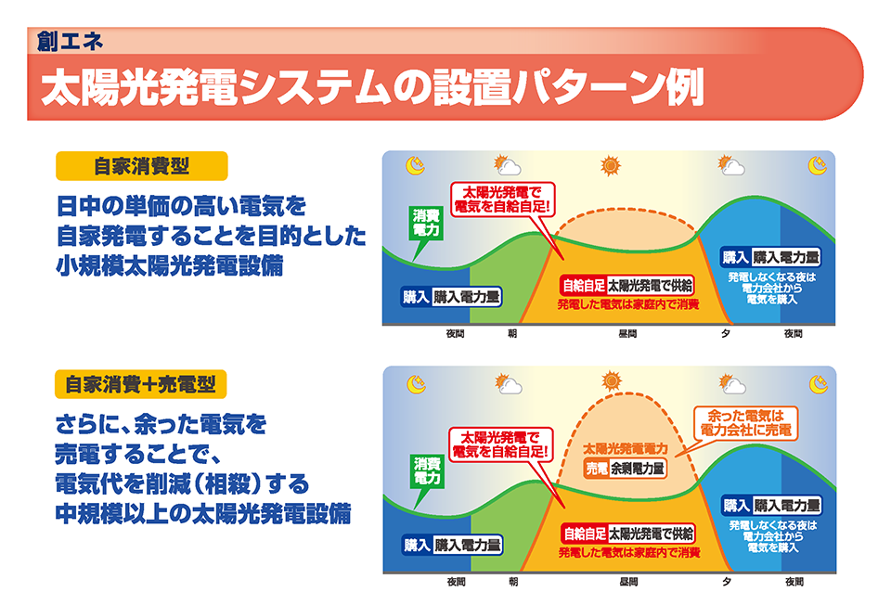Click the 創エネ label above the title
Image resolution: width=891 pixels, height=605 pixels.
(x=70, y=42)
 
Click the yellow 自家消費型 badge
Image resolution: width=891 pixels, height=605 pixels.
(x=141, y=166)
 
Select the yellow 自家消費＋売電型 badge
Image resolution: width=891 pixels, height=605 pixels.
(x=140, y=384)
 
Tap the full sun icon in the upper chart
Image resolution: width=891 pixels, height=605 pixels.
(x=611, y=166)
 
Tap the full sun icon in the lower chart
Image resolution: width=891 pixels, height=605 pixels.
(x=612, y=380)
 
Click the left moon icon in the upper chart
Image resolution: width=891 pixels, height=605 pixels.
(x=416, y=165)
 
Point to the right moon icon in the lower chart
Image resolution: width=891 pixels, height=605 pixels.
(x=819, y=384)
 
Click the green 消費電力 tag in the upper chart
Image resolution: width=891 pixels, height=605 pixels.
(x=426, y=223)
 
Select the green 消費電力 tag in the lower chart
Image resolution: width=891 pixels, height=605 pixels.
(x=427, y=471)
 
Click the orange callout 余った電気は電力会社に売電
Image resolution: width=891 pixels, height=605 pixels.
(x=745, y=422)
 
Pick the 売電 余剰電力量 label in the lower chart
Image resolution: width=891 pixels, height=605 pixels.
(x=625, y=468)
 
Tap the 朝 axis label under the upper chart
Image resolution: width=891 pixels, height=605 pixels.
(x=512, y=333)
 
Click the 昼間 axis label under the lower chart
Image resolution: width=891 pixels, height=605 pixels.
(x=628, y=582)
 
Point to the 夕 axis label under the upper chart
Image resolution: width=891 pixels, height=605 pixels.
(x=726, y=333)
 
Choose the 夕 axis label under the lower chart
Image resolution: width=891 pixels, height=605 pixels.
(x=727, y=582)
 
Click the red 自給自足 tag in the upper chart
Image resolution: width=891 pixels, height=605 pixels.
(x=583, y=285)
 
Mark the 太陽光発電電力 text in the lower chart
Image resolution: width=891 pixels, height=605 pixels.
(x=626, y=449)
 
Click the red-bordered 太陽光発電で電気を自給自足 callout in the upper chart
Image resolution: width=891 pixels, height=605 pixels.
(x=502, y=199)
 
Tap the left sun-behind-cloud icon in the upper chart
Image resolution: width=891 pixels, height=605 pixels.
(x=508, y=165)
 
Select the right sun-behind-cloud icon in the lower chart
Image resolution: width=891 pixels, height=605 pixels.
(x=732, y=384)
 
